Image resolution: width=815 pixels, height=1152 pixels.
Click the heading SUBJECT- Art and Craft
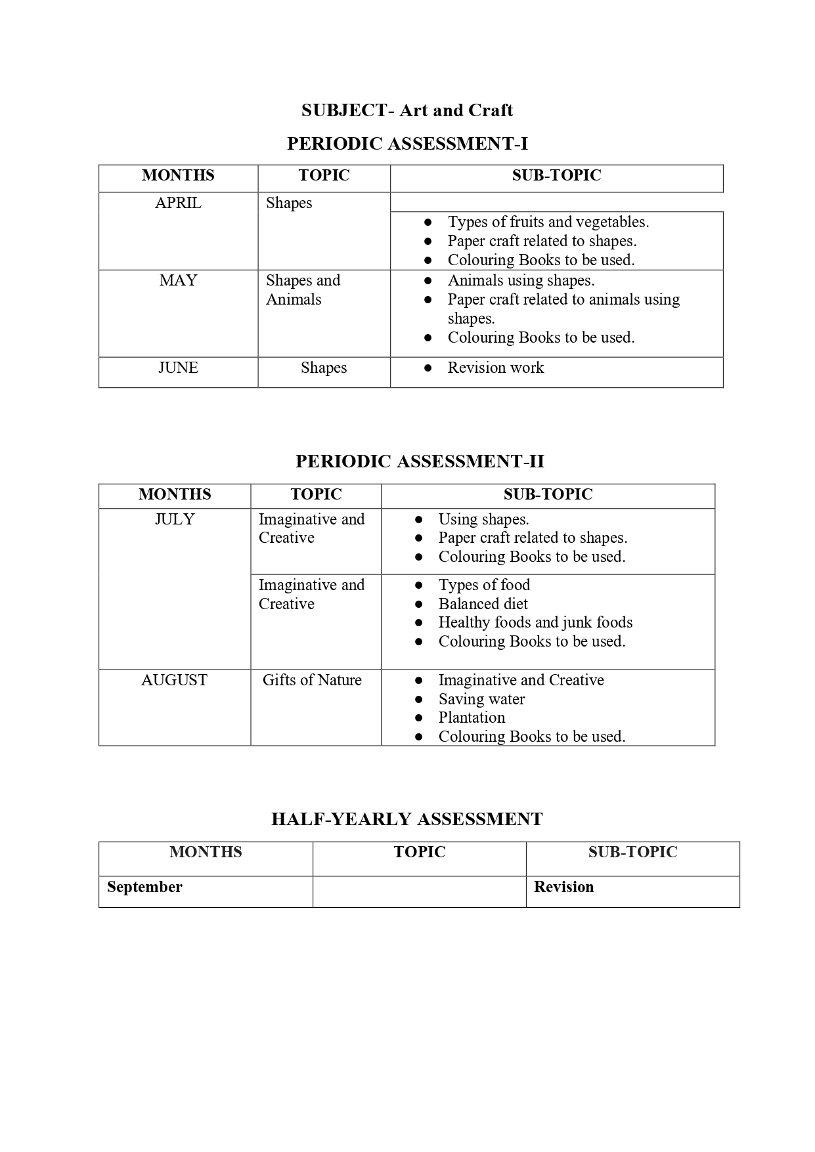(407, 110)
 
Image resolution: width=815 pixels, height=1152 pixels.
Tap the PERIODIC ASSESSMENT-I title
(407, 144)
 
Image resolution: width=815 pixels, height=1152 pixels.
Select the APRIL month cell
(178, 203)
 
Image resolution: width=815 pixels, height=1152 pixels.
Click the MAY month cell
(178, 281)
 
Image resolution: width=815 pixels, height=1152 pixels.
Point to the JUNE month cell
(178, 368)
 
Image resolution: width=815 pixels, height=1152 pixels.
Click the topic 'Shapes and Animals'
(303, 289)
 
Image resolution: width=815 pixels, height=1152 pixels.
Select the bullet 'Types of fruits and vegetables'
(548, 222)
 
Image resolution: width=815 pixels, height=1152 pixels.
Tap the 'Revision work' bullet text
(495, 368)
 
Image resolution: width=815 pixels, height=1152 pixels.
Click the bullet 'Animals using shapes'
(521, 281)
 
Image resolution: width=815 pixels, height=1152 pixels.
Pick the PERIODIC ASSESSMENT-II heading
(420, 461)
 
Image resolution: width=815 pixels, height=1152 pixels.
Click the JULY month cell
(174, 519)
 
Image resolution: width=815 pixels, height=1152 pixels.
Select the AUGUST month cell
(174, 680)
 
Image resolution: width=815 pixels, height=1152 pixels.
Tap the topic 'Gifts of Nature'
(312, 680)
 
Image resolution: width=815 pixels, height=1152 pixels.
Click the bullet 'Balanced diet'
(483, 604)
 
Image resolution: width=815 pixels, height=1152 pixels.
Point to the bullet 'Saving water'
(481, 699)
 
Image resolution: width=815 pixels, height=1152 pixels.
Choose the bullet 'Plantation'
(472, 717)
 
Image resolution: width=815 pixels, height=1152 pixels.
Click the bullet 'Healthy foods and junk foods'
(535, 622)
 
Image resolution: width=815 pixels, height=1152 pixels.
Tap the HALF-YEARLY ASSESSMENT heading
(407, 819)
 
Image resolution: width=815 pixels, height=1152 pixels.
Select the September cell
(144, 887)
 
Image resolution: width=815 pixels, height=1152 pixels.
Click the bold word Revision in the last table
(563, 887)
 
